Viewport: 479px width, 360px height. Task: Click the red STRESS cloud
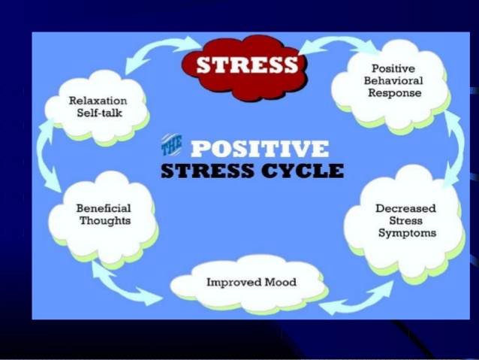pos(245,68)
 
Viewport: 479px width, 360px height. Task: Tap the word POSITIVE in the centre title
pos(260,149)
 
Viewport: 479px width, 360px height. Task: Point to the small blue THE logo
pos(171,144)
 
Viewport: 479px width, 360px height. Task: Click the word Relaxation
pos(98,101)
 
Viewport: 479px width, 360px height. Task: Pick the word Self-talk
pos(100,113)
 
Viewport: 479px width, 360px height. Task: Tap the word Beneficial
pos(104,208)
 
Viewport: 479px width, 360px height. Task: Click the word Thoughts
pos(105,221)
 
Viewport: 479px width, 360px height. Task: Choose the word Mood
pos(281,282)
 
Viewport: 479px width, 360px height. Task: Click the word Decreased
pos(405,208)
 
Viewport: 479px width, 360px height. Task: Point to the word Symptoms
pos(407,233)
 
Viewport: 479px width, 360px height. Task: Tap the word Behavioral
pos(393,80)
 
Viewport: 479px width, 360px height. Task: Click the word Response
pos(395,93)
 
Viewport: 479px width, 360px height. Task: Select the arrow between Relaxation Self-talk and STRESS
pos(159,49)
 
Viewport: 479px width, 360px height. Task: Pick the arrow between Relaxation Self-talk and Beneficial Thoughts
pos(44,156)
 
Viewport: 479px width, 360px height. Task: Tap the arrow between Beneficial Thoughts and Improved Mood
pos(122,285)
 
